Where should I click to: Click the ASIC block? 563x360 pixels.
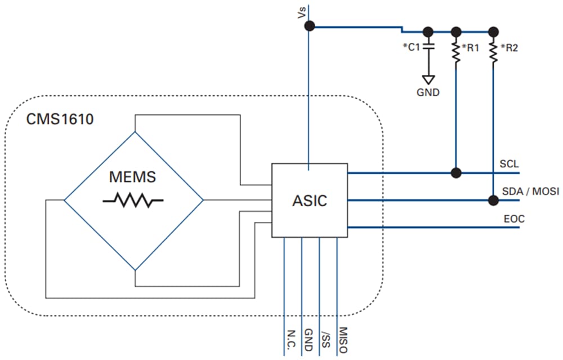(309, 201)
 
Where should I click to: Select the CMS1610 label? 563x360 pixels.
(59, 119)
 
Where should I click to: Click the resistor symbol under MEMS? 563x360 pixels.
(133, 199)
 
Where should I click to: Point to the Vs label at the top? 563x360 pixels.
(302, 13)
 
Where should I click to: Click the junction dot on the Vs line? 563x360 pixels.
(309, 26)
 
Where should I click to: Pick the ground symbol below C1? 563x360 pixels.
(428, 79)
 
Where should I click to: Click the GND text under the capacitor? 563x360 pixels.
(428, 93)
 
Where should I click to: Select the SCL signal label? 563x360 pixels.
(509, 164)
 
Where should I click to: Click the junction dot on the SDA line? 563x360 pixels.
(493, 199)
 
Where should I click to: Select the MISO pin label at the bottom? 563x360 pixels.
(343, 339)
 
